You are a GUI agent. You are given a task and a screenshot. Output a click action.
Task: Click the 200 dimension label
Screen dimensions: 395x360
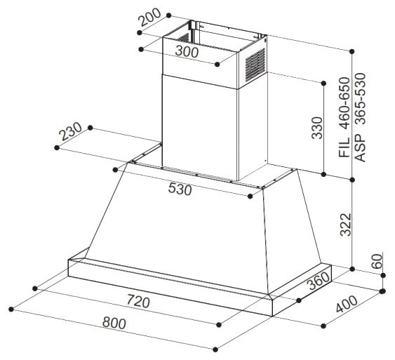[150, 17]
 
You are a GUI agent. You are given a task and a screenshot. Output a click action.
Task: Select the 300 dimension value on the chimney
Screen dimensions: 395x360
[187, 52]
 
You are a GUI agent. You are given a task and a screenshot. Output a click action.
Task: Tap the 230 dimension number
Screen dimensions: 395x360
[71, 131]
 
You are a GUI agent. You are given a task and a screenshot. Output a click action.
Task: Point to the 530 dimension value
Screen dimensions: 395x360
[180, 189]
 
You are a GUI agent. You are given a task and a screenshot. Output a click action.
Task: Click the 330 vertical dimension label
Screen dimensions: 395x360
[317, 128]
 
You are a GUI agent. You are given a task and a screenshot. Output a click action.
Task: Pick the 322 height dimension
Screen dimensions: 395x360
[345, 225]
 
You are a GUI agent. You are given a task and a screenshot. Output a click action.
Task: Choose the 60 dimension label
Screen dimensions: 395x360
[377, 262]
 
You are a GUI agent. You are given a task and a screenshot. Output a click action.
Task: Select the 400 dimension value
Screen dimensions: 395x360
[347, 304]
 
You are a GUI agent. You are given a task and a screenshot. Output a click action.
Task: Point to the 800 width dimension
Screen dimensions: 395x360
[114, 324]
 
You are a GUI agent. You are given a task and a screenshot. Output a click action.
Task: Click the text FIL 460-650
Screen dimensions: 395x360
[344, 117]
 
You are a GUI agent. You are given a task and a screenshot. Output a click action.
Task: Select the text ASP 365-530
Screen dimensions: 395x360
[360, 117]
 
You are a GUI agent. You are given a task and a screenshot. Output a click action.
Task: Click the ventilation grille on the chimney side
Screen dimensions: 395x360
[255, 65]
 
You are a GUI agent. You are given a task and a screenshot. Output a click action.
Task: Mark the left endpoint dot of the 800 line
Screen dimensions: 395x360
[11, 309]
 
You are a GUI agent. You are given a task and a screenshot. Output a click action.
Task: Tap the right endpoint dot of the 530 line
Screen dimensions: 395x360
[250, 196]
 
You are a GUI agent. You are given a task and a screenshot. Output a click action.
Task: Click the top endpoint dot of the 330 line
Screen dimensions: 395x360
[324, 83]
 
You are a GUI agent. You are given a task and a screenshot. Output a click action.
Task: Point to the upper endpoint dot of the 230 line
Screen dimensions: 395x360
[91, 128]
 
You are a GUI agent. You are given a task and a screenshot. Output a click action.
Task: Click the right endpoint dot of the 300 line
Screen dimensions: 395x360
[217, 65]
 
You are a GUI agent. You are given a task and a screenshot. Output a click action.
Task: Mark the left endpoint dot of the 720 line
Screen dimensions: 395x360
[35, 288]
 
